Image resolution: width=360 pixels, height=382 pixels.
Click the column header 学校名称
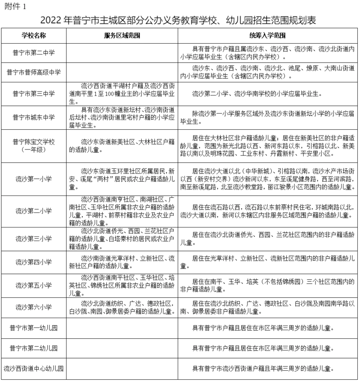pyautogui.click(x=34, y=35)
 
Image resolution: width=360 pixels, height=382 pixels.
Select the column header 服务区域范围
pyautogui.click(x=121, y=35)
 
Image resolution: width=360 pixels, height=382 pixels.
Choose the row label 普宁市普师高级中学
pyautogui.click(x=34, y=72)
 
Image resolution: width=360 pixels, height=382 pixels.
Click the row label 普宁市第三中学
pyautogui.click(x=34, y=94)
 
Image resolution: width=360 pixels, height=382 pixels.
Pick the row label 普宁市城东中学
pyautogui.click(x=34, y=118)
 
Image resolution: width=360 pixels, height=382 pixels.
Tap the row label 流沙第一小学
pyautogui.click(x=34, y=179)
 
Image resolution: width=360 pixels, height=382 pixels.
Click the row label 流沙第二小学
pyautogui.click(x=34, y=210)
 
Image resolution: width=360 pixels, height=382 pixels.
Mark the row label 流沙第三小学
pyautogui.click(x=34, y=238)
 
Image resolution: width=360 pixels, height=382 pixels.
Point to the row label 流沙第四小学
pyautogui.click(x=34, y=262)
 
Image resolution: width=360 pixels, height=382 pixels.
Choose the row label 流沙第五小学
pyautogui.click(x=34, y=285)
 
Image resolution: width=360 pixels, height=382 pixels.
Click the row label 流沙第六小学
pyautogui.click(x=34, y=307)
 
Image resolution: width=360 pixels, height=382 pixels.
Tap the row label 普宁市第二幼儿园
pyautogui.click(x=34, y=348)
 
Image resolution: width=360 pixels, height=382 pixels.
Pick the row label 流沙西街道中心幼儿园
pyautogui.click(x=34, y=368)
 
